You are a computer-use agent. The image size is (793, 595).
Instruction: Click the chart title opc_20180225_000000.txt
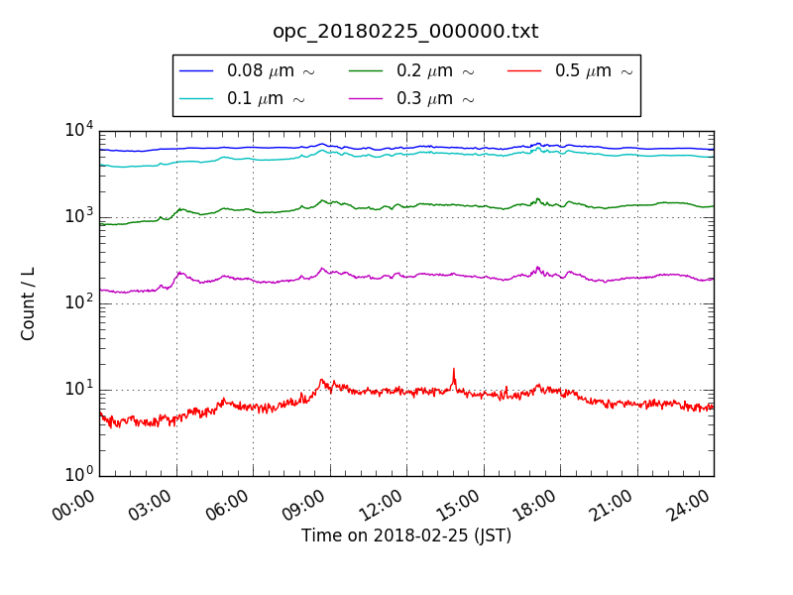405,32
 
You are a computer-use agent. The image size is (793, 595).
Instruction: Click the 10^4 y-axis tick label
79,130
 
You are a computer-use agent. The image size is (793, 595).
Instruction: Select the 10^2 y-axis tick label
79,302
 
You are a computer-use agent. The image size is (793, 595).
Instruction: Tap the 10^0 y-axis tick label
79,475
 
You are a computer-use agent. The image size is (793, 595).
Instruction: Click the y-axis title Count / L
29,303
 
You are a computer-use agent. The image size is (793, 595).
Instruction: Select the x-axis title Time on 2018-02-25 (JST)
406,536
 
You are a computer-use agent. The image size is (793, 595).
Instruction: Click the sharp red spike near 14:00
454,371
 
